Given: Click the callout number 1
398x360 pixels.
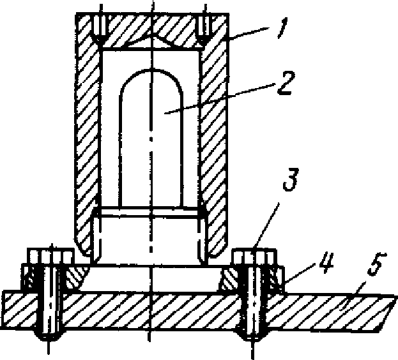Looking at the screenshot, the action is click(x=282, y=27).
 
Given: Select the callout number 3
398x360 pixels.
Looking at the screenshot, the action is click(x=291, y=179).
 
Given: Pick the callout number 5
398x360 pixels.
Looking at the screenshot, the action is click(x=377, y=264).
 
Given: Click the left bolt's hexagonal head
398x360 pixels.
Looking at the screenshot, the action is click(x=50, y=256).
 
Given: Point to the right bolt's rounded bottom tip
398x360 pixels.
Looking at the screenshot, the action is click(x=252, y=334).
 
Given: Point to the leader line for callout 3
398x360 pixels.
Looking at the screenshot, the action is click(x=266, y=225).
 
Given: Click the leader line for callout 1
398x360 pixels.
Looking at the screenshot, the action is click(x=249, y=33).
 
